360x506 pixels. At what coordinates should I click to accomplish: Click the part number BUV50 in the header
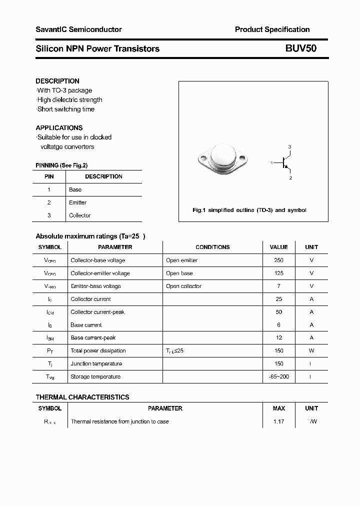click(x=300, y=48)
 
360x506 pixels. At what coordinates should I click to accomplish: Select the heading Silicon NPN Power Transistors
click(x=97, y=48)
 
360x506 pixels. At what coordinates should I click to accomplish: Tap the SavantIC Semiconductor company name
click(x=78, y=29)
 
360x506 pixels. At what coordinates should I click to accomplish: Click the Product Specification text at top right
click(x=272, y=29)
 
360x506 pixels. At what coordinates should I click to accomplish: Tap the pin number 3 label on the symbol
click(x=289, y=146)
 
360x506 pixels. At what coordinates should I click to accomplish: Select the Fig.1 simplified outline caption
click(x=249, y=210)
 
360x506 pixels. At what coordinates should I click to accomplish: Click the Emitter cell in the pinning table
click(x=77, y=202)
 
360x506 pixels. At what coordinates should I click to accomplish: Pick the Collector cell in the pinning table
click(x=79, y=215)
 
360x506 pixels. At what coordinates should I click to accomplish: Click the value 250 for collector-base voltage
click(x=278, y=260)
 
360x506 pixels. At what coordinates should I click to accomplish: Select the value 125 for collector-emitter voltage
click(x=278, y=273)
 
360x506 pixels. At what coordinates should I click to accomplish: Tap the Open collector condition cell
click(x=183, y=286)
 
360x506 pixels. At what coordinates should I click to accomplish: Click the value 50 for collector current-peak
click(x=278, y=312)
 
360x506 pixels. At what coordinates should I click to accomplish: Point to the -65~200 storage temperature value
click(x=278, y=376)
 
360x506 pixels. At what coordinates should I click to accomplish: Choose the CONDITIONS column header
click(x=212, y=247)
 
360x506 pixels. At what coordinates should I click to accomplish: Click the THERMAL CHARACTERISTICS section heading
click(x=82, y=397)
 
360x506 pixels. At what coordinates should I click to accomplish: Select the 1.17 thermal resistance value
click(x=278, y=421)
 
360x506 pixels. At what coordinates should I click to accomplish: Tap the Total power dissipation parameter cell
click(x=98, y=350)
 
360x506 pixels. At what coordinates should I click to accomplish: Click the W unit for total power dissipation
click(x=311, y=350)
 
